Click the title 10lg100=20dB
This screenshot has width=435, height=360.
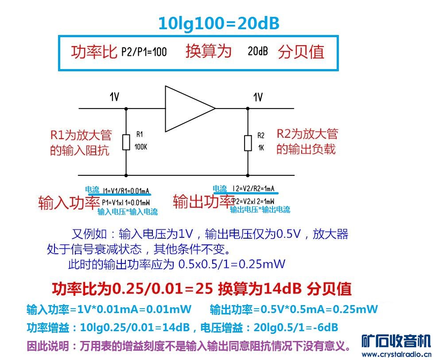pos(218,23)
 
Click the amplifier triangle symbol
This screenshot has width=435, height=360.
pos(188,108)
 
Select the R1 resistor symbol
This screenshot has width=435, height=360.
pos(126,143)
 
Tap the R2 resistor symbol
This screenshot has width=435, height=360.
pos(248,143)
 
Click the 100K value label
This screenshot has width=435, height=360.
pos(141,147)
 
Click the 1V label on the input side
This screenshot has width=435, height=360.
pos(114,97)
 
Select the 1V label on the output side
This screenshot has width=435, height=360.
pos(257,97)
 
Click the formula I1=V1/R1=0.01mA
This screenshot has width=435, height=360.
pos(126,191)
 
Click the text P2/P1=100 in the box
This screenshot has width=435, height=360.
pos(144,52)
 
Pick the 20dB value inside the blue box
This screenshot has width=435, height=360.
pos(257,52)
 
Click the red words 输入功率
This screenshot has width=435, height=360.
pos(69,203)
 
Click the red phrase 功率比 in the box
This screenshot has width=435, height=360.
pos(94,52)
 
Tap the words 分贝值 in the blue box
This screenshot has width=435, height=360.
pos(301,52)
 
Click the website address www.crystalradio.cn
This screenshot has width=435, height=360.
pos(396,354)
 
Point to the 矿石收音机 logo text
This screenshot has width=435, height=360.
pos(396,341)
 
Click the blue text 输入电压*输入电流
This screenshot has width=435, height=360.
pos(128,212)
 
